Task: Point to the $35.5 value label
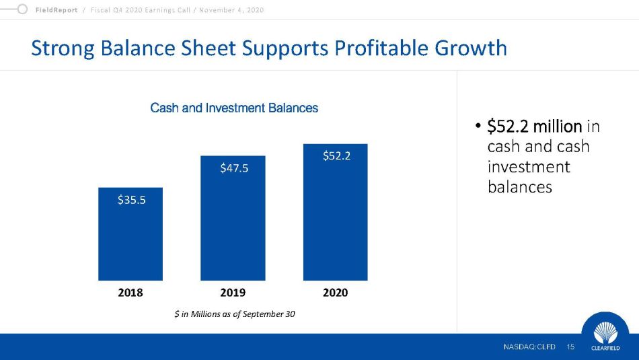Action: tap(131, 200)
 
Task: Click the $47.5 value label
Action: tap(234, 168)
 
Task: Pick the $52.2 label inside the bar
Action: tap(336, 156)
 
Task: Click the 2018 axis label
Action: tap(130, 293)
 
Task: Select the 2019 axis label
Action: tap(233, 293)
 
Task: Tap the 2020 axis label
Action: tap(335, 293)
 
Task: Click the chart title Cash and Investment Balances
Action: tap(234, 108)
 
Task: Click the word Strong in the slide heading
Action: tap(65, 48)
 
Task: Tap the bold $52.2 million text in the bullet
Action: tap(534, 126)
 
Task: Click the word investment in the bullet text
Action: tap(528, 166)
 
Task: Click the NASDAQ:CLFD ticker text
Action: tap(530, 347)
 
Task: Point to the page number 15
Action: tap(571, 347)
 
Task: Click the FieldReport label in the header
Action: tap(57, 10)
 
